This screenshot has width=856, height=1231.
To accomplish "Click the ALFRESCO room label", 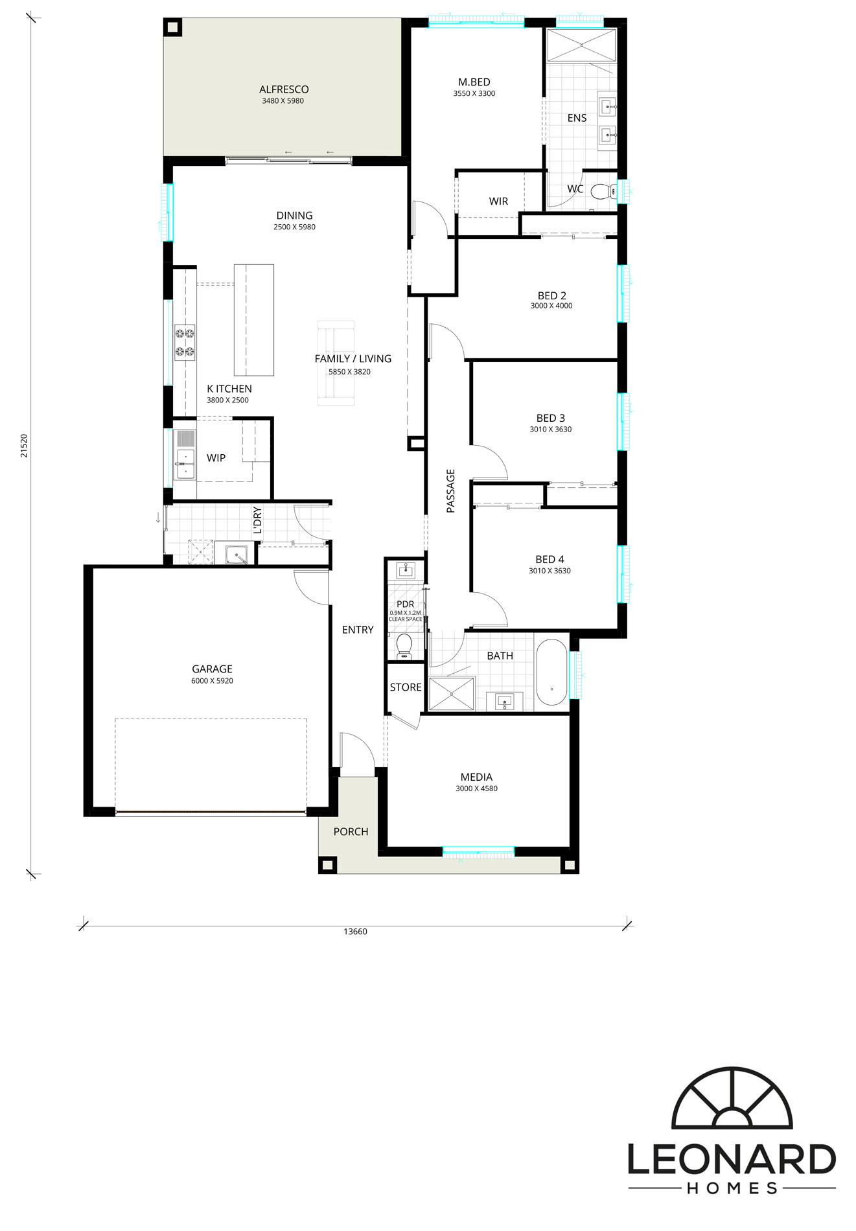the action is click(x=284, y=89).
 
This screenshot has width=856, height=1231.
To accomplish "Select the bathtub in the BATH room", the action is click(x=551, y=673).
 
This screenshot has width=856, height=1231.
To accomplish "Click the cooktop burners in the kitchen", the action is click(x=185, y=343).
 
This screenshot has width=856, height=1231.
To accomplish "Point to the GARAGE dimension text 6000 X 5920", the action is click(x=212, y=681).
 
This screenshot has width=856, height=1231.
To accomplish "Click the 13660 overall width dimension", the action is click(x=355, y=932).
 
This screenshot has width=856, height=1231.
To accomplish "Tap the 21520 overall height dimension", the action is click(x=24, y=446).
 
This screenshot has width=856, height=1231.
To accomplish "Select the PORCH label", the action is click(x=351, y=831).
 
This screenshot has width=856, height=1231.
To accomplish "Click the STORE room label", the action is click(x=406, y=687).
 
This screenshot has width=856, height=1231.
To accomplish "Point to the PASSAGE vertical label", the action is click(x=451, y=490).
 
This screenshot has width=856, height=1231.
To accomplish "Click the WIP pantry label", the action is click(x=216, y=458).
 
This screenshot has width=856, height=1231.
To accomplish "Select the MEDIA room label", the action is click(x=476, y=777).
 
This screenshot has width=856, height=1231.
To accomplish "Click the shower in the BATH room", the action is click(x=452, y=694).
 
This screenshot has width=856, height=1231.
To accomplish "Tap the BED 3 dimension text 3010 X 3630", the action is click(x=550, y=430).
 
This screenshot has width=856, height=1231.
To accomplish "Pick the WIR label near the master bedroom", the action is click(x=498, y=201).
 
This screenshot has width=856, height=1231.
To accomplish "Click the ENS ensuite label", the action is click(x=577, y=118).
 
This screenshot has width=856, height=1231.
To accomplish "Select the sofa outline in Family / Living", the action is click(x=336, y=363).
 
